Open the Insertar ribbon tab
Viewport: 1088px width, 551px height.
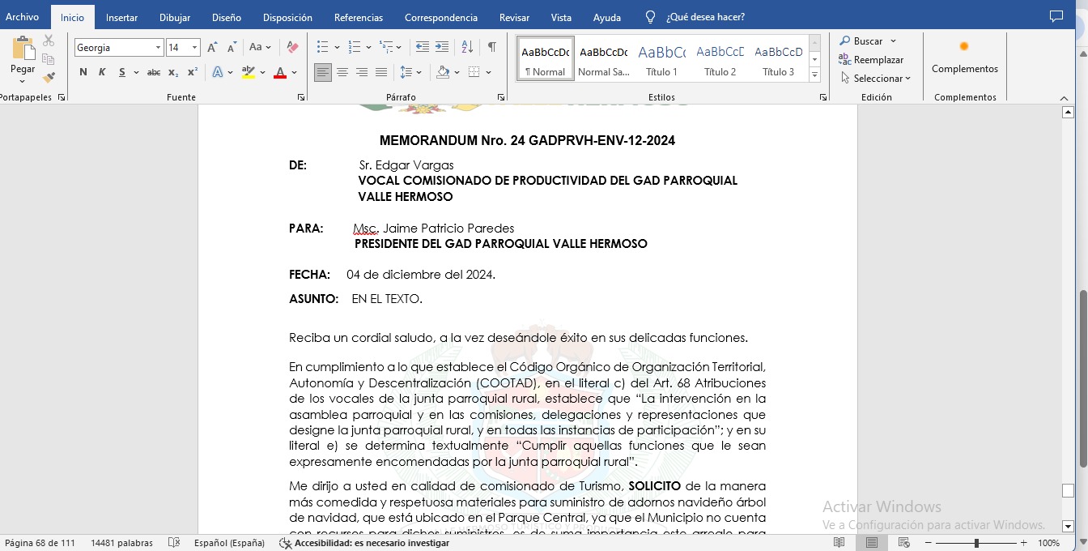[x=121, y=17]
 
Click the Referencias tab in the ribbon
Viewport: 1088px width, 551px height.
[x=359, y=17]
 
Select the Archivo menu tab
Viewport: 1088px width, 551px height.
[x=23, y=17]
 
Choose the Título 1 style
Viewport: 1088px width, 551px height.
[x=661, y=58]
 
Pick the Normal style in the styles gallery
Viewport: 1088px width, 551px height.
[x=545, y=58]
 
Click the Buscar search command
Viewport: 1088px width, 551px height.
[x=868, y=41]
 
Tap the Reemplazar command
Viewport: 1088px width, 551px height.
[x=878, y=60]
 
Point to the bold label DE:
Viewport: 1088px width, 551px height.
[x=298, y=165]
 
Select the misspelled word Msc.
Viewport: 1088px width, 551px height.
[x=365, y=229]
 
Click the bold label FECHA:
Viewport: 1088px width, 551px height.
[x=309, y=275]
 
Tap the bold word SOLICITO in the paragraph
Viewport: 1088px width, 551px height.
[x=654, y=486]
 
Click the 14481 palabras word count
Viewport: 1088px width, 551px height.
[x=121, y=543]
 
